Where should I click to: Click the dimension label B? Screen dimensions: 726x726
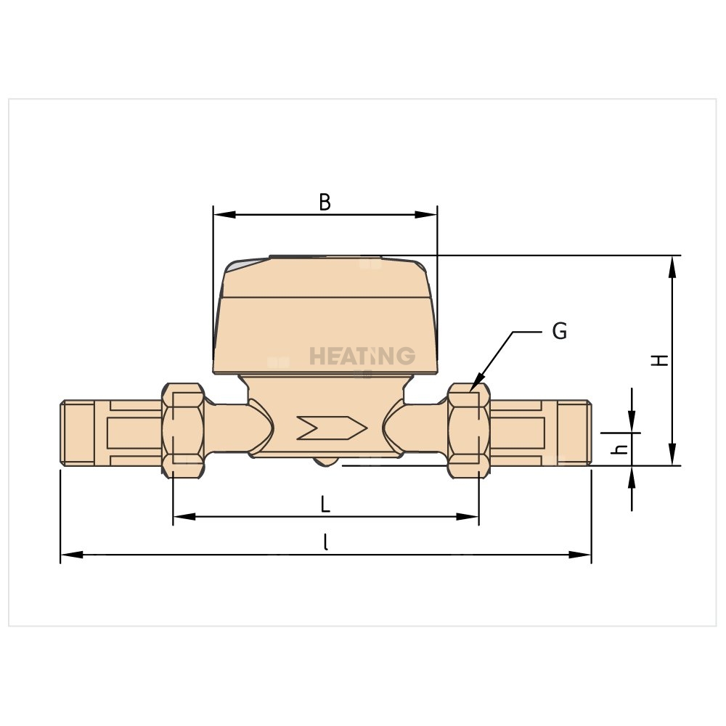(325, 203)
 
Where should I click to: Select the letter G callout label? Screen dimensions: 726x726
(560, 331)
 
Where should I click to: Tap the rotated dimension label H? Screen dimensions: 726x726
(660, 360)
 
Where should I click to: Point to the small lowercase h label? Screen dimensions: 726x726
(619, 449)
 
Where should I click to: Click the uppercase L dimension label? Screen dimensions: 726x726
(325, 504)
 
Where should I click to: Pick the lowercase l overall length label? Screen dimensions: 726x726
(326, 542)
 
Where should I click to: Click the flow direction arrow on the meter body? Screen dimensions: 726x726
(332, 428)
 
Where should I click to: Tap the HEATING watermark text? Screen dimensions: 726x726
(362, 356)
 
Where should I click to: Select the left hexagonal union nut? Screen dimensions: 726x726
(184, 430)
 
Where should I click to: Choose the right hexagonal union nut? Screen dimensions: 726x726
(469, 430)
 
